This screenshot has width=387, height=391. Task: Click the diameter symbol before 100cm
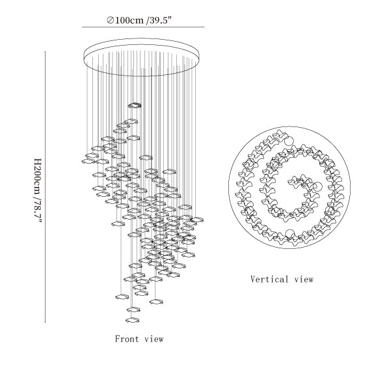[111, 20]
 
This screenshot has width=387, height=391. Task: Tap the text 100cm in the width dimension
[129, 20]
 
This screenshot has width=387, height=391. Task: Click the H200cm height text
[38, 176]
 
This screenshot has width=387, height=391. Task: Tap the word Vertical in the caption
[269, 279]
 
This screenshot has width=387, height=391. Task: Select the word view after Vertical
[304, 280]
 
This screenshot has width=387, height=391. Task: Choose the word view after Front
[154, 339]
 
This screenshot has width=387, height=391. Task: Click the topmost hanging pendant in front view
[135, 106]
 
